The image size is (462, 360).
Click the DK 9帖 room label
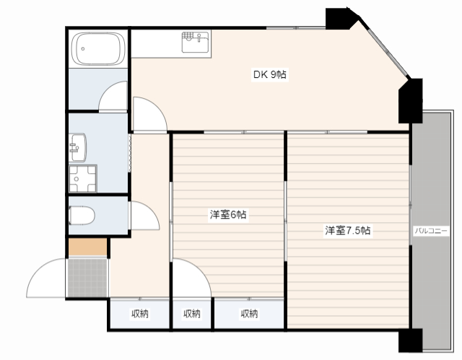point(269,74)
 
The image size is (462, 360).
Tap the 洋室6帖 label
point(228,214)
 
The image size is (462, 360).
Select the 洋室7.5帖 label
point(348,230)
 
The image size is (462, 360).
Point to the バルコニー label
point(431,231)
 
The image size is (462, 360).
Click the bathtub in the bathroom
point(98,48)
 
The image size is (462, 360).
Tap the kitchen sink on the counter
point(195,42)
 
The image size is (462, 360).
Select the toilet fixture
point(82,216)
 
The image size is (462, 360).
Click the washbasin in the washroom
point(78,147)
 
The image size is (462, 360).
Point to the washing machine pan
point(83,178)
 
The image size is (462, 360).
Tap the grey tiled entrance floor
point(87,278)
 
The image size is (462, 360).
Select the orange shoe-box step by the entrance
point(87,247)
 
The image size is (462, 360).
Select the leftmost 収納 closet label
point(140,314)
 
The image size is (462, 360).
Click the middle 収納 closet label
point(192,314)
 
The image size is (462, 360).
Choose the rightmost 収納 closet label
point(249,314)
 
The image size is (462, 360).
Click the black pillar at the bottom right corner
point(411,340)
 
